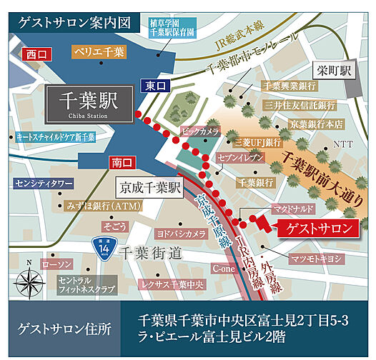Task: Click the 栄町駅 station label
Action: tap(335, 71)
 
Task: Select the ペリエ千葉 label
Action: tap(99, 51)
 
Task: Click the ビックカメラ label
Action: tap(199, 132)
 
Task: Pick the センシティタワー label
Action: tap(44, 184)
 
